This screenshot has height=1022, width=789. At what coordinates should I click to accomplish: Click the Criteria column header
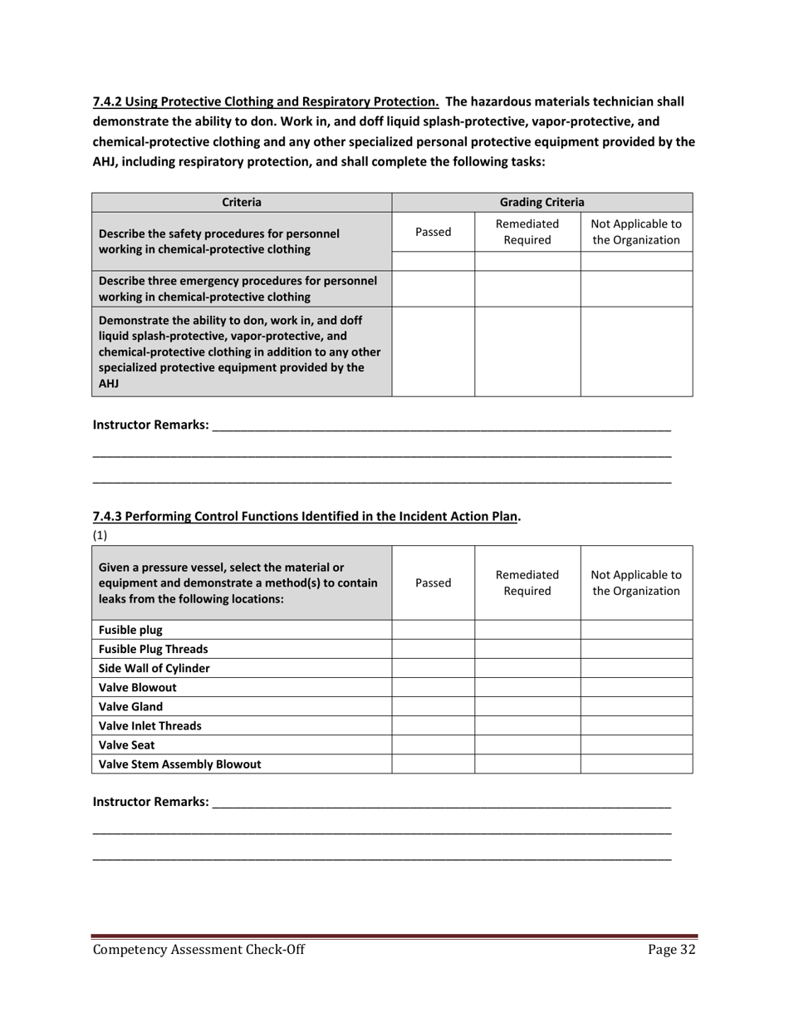pyautogui.click(x=241, y=202)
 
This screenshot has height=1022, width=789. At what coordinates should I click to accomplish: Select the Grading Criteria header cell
pyautogui.click(x=542, y=202)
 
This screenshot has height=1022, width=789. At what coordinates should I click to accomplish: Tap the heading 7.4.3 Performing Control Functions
pyautogui.click(x=306, y=516)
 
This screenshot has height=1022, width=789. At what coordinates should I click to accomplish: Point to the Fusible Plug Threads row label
pyautogui.click(x=154, y=649)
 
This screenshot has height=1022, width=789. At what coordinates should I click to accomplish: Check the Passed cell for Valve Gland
pyautogui.click(x=433, y=706)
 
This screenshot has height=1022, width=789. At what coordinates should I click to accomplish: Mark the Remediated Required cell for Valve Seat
pyautogui.click(x=527, y=744)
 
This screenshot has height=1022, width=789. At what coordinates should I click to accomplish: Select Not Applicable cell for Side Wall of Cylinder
pyautogui.click(x=636, y=668)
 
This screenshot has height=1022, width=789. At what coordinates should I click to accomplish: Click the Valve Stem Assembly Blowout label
pyautogui.click(x=179, y=764)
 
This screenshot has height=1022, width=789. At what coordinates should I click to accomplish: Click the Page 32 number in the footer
pyautogui.click(x=671, y=951)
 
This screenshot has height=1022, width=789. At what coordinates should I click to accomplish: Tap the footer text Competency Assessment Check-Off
pyautogui.click(x=198, y=951)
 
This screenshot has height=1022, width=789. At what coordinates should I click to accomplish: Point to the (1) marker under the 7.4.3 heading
pyautogui.click(x=100, y=535)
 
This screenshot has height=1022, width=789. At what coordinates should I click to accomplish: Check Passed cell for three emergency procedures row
pyautogui.click(x=433, y=288)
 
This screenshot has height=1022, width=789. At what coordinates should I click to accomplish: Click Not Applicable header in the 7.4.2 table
pyautogui.click(x=636, y=233)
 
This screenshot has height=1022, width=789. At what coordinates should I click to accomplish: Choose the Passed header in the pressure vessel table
pyautogui.click(x=433, y=583)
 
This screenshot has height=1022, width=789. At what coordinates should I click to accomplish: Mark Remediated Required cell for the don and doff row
pyautogui.click(x=527, y=351)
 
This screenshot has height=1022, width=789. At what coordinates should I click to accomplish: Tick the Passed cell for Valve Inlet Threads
pyautogui.click(x=433, y=725)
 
